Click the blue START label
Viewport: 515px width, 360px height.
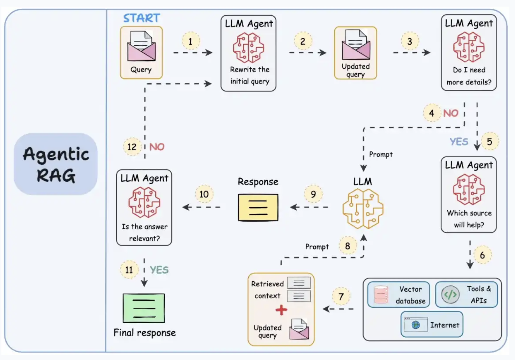141,18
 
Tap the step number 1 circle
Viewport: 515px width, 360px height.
191,41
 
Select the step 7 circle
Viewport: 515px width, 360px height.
341,296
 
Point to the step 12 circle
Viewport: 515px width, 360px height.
132,147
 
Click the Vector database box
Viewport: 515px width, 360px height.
398,295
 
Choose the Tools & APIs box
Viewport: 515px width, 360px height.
467,294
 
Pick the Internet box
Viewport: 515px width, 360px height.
432,324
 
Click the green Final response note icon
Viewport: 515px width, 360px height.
144,308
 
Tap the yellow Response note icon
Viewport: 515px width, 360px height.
258,208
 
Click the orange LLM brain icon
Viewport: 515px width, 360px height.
363,209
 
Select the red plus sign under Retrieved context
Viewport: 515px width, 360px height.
281,310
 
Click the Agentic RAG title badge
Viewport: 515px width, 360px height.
55,164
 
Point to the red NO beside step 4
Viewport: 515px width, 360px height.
451,113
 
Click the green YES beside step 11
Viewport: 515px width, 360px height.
159,270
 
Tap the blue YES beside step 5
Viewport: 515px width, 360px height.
459,142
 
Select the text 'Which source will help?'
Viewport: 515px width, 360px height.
469,219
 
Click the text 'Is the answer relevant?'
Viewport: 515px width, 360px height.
144,232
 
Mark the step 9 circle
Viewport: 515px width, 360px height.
313,194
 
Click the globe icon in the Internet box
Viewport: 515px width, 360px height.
416,325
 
